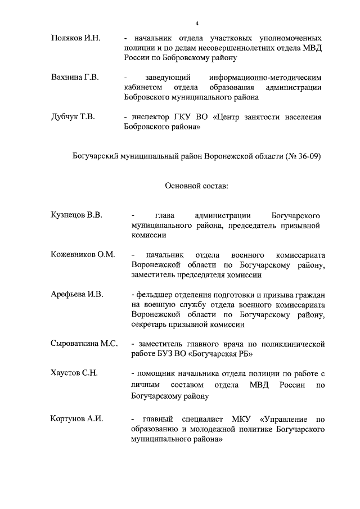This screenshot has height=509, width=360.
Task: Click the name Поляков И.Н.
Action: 75,38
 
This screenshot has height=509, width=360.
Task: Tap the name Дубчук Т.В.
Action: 73,117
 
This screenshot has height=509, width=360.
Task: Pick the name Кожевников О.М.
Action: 82,255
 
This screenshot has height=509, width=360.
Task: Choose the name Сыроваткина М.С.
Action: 84,343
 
